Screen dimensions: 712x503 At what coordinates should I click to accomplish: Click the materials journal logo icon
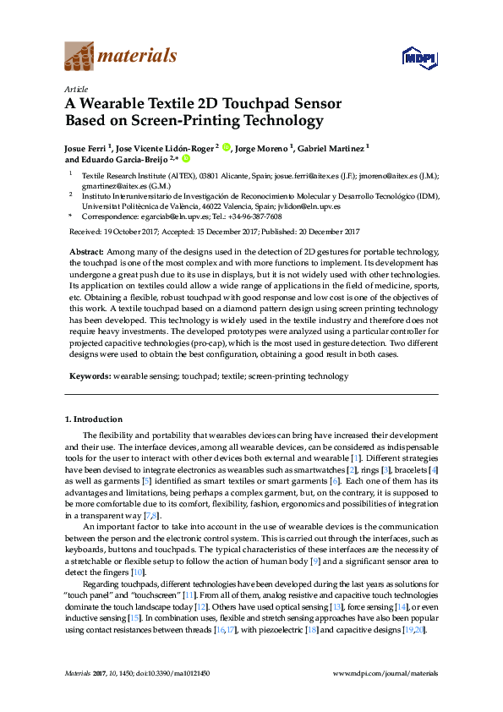pyautogui.click(x=80, y=57)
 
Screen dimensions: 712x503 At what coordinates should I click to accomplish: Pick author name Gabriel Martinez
pyautogui.click(x=331, y=147)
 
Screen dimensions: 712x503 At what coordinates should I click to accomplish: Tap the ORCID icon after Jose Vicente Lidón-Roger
pyautogui.click(x=227, y=147)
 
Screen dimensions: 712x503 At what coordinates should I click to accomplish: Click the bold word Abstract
pyautogui.click(x=86, y=253)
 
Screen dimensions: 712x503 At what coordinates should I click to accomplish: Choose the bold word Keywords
pyautogui.click(x=89, y=375)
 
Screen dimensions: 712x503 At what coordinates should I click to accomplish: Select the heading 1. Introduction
pyautogui.click(x=94, y=419)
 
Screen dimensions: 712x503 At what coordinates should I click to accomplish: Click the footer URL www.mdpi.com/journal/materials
pyautogui.click(x=386, y=673)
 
